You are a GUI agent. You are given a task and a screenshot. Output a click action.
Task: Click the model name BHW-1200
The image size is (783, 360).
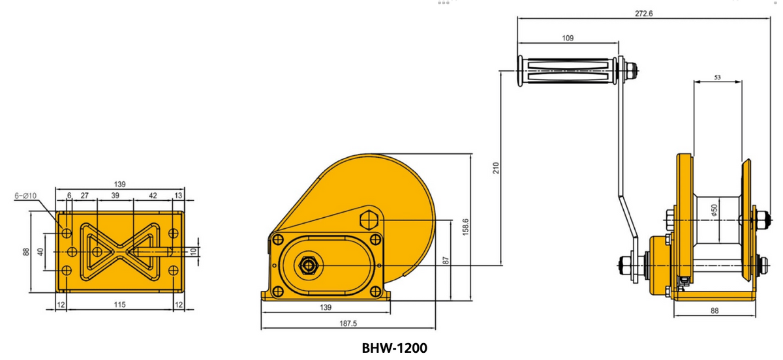[394, 348]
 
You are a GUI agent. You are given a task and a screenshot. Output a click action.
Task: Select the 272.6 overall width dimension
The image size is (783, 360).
[643, 14]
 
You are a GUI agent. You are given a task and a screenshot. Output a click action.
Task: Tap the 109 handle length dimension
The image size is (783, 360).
[568, 38]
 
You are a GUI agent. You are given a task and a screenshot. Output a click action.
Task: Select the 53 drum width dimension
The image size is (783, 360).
[717, 77]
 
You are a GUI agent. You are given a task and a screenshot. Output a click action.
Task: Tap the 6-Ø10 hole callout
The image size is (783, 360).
[25, 195]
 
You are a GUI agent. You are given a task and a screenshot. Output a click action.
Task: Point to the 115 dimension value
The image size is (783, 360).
[119, 305]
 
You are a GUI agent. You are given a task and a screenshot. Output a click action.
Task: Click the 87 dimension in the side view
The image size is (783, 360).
[446, 260]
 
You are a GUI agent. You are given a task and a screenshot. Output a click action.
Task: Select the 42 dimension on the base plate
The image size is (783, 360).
[153, 195]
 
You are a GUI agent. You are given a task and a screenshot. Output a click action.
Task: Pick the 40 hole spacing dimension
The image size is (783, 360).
[40, 252]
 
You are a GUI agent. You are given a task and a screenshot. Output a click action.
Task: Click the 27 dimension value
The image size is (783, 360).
[84, 195]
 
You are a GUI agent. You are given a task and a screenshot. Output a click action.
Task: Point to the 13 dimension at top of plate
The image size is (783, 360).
[179, 195]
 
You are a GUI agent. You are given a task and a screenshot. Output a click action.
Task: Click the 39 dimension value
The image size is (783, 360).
[115, 195]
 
